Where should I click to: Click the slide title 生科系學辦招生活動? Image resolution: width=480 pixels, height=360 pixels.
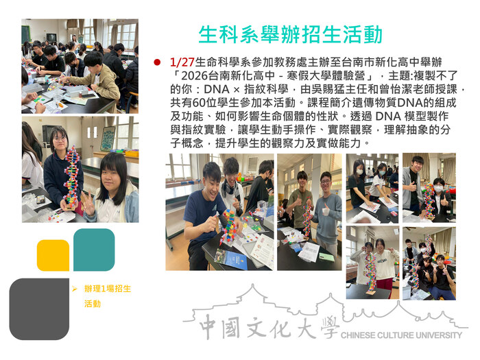290,34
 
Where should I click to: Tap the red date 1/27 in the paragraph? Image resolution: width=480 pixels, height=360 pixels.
182,62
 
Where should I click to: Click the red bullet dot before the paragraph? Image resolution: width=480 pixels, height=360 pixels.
157,62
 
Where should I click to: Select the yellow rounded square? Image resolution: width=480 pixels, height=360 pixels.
53,255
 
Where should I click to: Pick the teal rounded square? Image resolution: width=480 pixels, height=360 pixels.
94,250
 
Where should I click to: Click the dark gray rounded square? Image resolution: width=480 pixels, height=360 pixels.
38,309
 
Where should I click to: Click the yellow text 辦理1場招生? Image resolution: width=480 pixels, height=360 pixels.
107,289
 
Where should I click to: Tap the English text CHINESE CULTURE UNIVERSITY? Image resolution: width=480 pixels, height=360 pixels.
401,335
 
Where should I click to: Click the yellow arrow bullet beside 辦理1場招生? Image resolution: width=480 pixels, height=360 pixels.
75,289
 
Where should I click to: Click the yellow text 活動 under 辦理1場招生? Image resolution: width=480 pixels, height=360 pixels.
93,303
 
